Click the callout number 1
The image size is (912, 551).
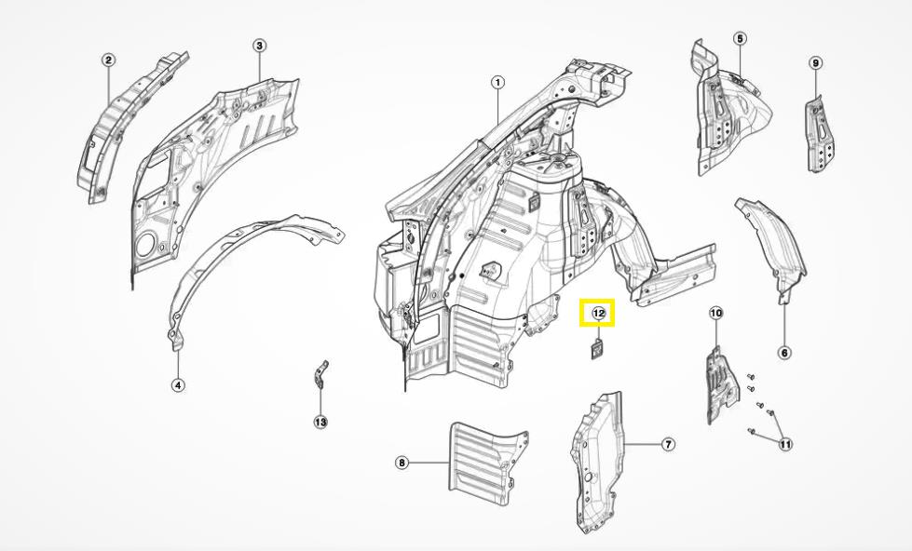[497, 82]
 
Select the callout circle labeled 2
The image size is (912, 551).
[109, 60]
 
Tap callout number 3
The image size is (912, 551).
[259, 46]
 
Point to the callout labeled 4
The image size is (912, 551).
[178, 384]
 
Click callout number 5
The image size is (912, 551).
[740, 39]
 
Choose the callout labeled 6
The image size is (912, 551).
[784, 353]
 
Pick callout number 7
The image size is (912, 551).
[668, 445]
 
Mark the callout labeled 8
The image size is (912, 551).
[402, 463]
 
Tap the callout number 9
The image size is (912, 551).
[815, 63]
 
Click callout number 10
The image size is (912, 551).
[715, 313]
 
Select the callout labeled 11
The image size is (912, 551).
[785, 445]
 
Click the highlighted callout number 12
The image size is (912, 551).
[598, 314]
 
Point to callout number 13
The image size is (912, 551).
[320, 422]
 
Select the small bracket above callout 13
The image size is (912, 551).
[320, 374]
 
